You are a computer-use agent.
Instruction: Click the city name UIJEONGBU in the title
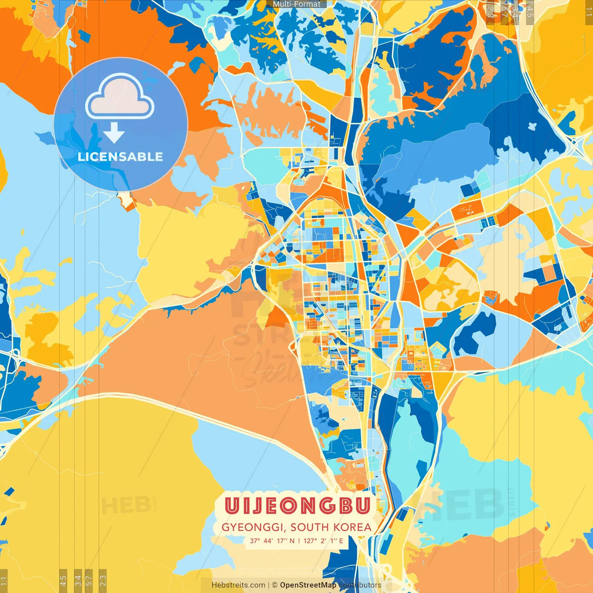tap(297, 506)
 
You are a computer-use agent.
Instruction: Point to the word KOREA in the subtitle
tap(354, 527)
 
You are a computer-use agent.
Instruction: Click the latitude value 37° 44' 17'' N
tap(272, 541)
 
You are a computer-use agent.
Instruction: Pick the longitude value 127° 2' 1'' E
tap(323, 541)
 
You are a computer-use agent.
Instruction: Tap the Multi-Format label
tap(296, 4)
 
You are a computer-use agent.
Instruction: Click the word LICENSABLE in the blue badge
tap(120, 157)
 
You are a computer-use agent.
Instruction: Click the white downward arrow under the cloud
tap(114, 133)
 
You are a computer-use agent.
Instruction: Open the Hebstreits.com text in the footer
tap(238, 585)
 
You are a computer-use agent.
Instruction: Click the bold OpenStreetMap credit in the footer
tap(308, 585)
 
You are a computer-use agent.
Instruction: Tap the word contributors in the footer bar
tap(360, 585)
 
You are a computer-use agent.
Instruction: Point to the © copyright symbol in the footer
tap(274, 585)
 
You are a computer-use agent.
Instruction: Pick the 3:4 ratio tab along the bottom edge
tap(78, 580)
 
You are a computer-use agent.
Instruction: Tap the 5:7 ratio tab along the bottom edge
tap(89, 580)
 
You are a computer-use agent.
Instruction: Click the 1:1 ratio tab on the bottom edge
tap(4, 580)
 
